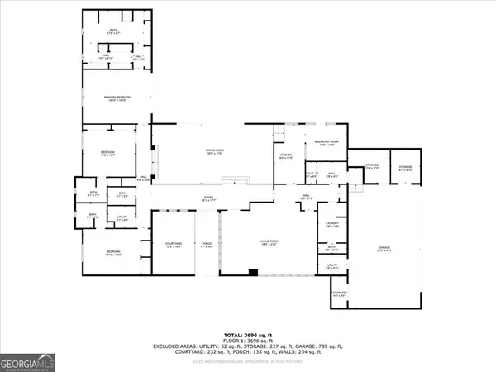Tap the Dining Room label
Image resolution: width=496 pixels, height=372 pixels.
(216, 150)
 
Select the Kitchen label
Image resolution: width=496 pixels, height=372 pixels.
(284, 157)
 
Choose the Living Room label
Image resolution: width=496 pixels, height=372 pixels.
(266, 242)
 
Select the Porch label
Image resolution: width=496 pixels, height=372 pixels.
(207, 244)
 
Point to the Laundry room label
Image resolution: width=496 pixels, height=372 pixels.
(333, 224)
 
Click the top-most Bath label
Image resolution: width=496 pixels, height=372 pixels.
(114, 31)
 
